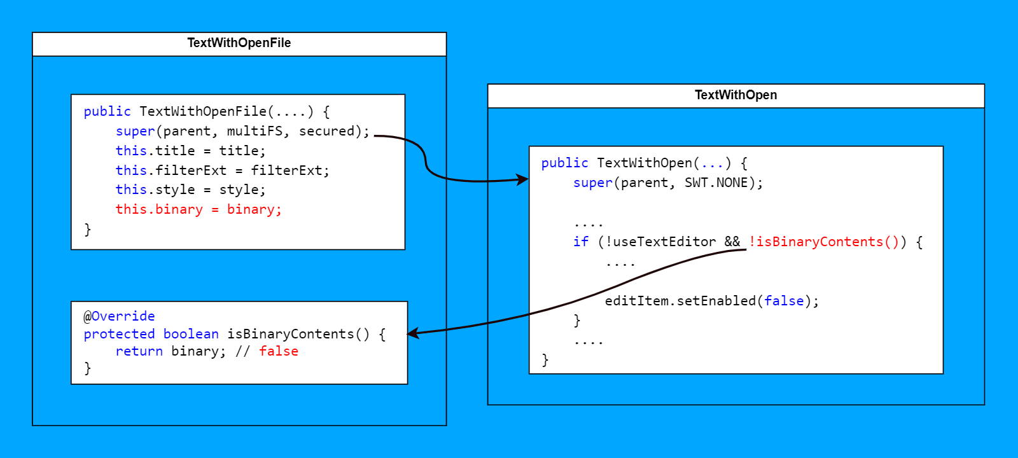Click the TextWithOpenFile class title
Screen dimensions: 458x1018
click(x=239, y=43)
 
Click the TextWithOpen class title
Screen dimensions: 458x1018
click(x=736, y=95)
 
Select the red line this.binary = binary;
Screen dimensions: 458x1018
click(x=199, y=209)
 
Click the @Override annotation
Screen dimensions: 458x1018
click(x=119, y=316)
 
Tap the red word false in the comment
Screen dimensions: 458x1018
click(x=279, y=351)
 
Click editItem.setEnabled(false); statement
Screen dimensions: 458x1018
click(x=711, y=301)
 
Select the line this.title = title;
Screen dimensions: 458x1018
click(x=190, y=151)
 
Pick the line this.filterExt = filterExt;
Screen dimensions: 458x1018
click(x=222, y=170)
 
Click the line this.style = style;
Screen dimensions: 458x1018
click(x=190, y=190)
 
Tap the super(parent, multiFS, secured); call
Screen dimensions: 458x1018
click(x=242, y=131)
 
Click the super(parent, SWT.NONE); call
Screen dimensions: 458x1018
click(x=667, y=183)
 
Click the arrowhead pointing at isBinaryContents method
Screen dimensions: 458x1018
click(x=412, y=333)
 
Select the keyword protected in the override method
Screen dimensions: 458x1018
click(x=119, y=334)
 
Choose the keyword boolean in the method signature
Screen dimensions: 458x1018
click(x=191, y=334)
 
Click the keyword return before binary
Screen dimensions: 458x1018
click(x=139, y=351)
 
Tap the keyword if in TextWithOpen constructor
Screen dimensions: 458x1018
click(x=581, y=242)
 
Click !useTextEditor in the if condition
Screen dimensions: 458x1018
click(x=660, y=242)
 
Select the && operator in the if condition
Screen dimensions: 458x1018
click(x=732, y=242)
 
